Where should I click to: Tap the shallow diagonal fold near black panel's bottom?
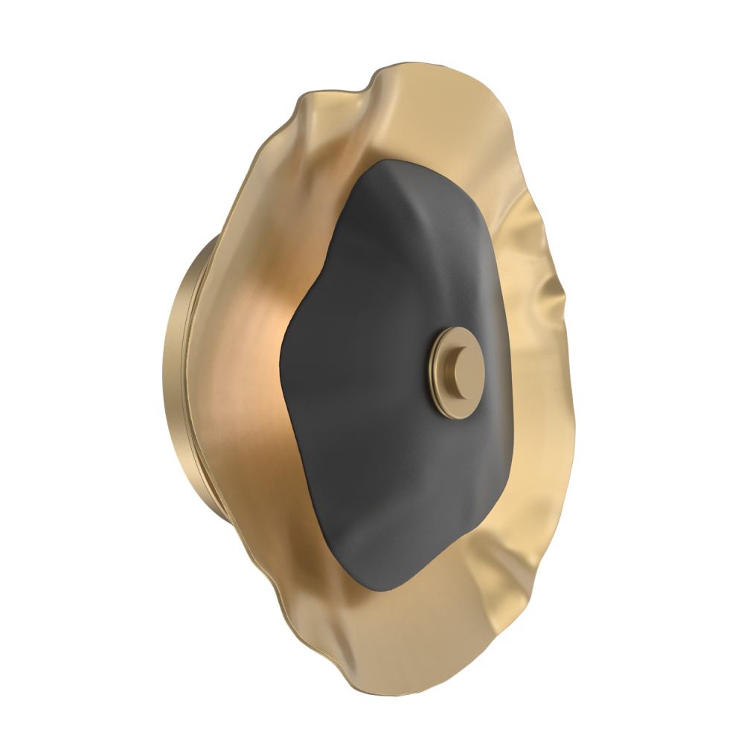pyautogui.click(x=417, y=536)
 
